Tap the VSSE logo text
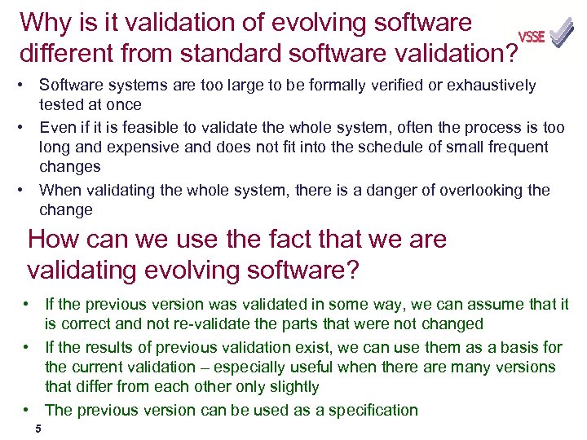(532, 37)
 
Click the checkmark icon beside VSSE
(561, 34)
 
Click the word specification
(374, 410)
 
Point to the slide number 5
(38, 429)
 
